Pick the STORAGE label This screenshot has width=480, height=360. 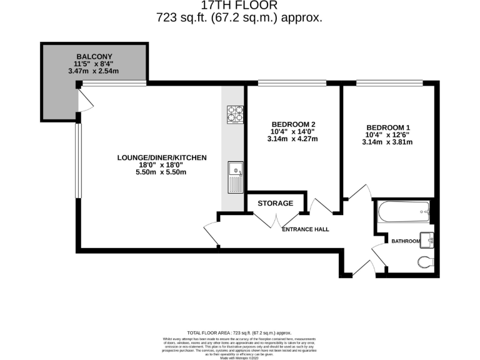point(276,203)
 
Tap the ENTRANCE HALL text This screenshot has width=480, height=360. point(306,229)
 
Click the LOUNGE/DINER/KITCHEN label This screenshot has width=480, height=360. point(161,158)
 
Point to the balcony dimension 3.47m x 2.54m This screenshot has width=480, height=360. point(94,71)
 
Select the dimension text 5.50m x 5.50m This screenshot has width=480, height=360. point(161,172)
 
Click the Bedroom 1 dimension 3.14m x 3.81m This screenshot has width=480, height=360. point(387,142)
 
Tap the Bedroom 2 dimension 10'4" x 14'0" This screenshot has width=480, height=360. point(294,131)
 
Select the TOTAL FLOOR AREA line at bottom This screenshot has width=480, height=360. point(239,333)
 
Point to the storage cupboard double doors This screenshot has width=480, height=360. point(276,220)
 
